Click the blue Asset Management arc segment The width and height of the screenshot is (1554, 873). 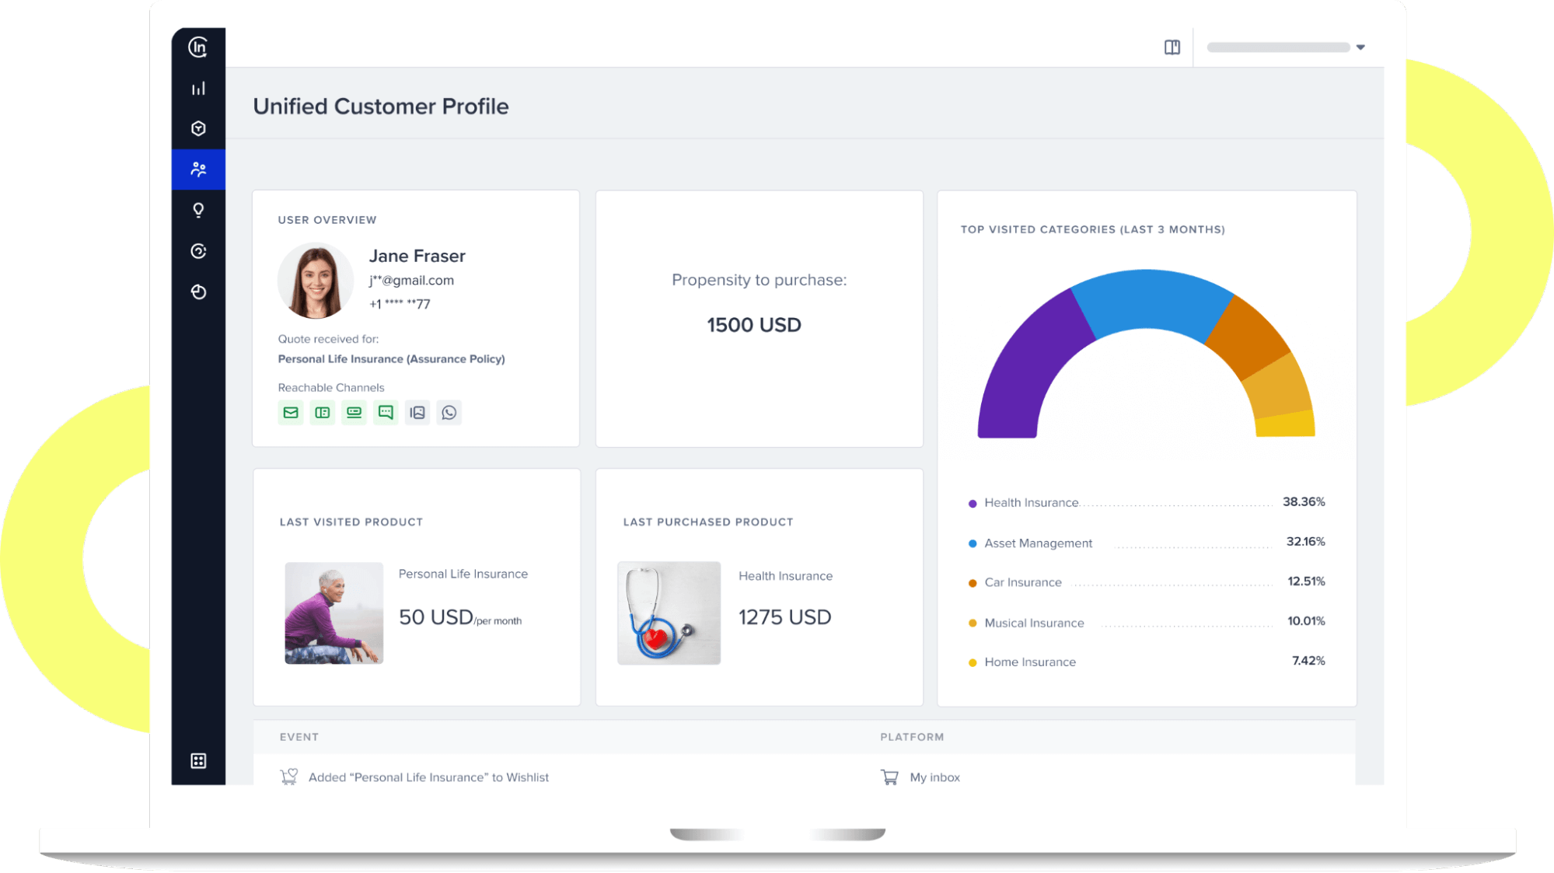(x=1151, y=299)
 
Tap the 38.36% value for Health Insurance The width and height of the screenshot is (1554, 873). (x=1304, y=502)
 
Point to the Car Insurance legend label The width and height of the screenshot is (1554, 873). (x=1022, y=582)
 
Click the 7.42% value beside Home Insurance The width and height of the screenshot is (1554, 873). (x=1308, y=661)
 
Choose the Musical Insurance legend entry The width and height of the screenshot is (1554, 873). (x=1033, y=623)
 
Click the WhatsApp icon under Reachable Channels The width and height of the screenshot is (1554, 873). (x=449, y=413)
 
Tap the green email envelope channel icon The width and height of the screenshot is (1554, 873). (x=291, y=413)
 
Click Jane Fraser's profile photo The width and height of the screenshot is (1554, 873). (x=316, y=281)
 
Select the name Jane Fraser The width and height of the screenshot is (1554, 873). (x=417, y=256)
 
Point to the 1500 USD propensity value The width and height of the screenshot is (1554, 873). (x=753, y=325)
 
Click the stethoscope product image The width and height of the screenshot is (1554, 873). (x=669, y=613)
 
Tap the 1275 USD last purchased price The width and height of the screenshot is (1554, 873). (x=784, y=617)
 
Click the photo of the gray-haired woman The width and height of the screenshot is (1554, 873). (x=333, y=613)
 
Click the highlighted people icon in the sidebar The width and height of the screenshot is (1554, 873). (x=198, y=169)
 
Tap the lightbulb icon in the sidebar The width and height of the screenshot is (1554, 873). (x=198, y=211)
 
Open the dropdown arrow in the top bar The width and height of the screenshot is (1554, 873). (x=1360, y=47)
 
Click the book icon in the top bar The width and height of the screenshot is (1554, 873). (x=1172, y=47)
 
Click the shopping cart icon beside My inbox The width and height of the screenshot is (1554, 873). (x=889, y=777)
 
